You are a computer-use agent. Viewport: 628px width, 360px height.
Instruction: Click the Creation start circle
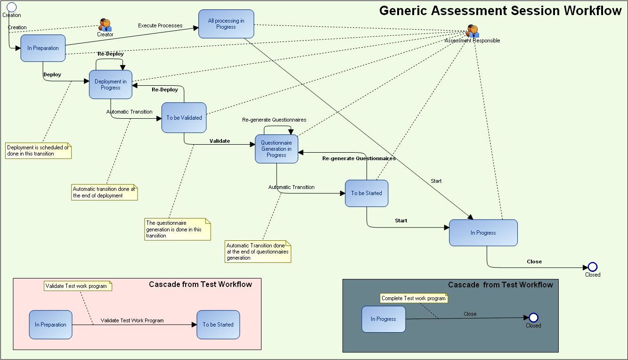pos(12,7)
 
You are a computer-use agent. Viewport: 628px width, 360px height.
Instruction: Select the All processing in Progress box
pos(226,24)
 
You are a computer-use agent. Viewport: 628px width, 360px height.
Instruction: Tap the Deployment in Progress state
pos(111,84)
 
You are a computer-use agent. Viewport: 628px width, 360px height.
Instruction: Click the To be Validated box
pos(184,118)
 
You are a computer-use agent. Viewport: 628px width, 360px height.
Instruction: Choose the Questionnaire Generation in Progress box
pos(277,149)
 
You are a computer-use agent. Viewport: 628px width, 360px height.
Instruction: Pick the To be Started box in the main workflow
pos(367,193)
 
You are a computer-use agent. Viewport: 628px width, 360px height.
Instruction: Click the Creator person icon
pos(105,25)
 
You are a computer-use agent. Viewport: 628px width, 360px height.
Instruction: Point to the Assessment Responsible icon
pos(473,31)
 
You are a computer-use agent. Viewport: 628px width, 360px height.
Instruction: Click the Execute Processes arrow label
pos(160,25)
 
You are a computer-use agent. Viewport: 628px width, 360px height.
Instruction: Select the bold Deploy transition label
pos(52,74)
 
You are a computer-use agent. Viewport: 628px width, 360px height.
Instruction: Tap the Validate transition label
pos(220,141)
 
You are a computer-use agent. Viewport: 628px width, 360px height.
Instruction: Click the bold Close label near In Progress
pos(534,262)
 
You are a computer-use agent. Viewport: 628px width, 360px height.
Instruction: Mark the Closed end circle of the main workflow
pos(593,267)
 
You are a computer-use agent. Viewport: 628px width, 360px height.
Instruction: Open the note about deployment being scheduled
pos(38,151)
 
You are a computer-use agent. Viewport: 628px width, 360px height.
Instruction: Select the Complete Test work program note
pos(413,298)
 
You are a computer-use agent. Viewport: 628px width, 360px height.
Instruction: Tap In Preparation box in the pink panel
pos(50,325)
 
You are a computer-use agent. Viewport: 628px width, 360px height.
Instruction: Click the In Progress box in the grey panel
pos(383,319)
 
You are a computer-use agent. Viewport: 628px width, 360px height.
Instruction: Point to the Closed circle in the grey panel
pos(533,318)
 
